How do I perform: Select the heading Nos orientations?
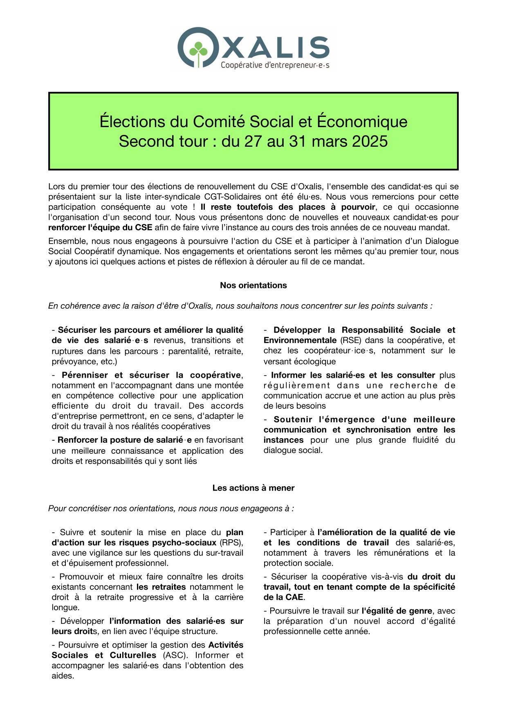[253, 285]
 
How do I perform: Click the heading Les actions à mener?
[253, 488]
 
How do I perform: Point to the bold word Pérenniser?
[84, 375]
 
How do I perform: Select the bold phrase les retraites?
[161, 587]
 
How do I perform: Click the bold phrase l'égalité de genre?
[397, 611]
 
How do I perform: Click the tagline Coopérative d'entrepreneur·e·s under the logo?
[275, 65]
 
